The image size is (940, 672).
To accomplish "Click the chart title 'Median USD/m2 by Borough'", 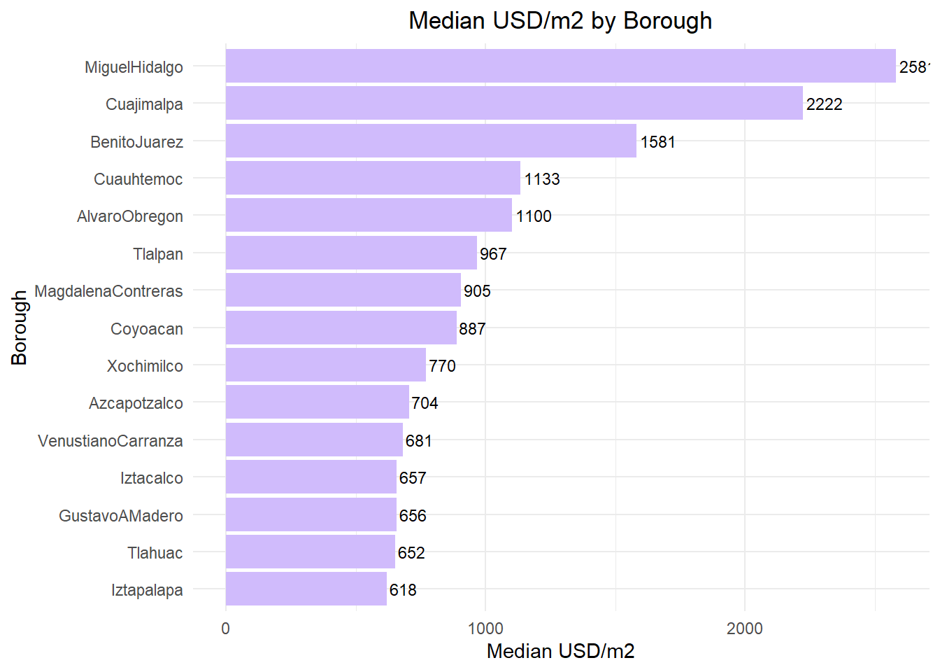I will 560,21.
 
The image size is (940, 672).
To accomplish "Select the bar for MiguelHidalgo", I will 560,66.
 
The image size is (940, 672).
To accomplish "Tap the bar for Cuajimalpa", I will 514,104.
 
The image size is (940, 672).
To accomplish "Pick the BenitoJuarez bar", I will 431,141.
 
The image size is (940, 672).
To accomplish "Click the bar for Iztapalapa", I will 306,589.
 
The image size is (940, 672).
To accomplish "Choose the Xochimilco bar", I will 326,365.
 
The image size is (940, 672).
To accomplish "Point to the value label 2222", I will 824,104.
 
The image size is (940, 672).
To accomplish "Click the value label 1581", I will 657,142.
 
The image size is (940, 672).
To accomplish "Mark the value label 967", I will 493,254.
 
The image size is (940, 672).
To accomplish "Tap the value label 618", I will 403,590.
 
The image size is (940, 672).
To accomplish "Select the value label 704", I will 425,403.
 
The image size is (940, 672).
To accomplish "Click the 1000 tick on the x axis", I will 485,629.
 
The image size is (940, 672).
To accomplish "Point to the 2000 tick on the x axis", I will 744,629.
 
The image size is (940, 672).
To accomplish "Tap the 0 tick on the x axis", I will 225,629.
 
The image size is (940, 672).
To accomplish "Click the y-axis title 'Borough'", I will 19,328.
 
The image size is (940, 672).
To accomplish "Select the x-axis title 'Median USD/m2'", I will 560,652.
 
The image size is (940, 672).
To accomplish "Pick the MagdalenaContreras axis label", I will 108,291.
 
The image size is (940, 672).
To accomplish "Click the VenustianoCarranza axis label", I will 111,441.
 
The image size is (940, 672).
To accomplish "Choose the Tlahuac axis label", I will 155,553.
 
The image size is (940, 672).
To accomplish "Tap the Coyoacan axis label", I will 146,329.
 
